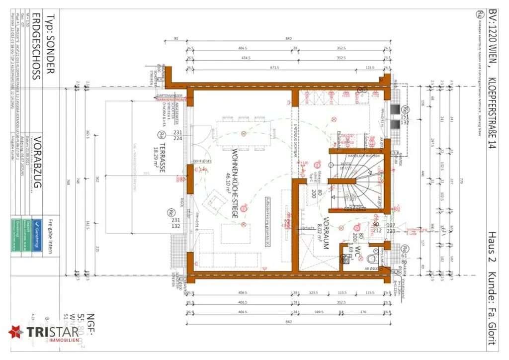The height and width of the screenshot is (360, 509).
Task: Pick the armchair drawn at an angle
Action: pos(214,201)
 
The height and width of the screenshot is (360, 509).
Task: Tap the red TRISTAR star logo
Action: pos(15,332)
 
